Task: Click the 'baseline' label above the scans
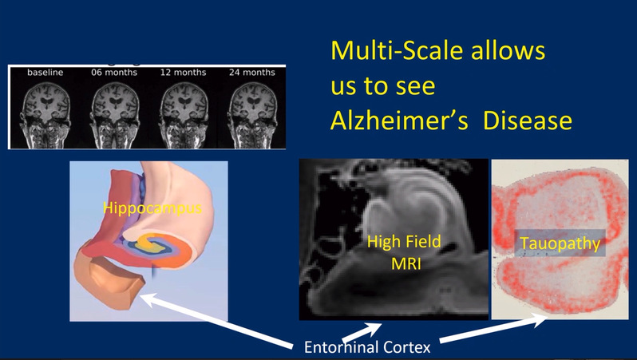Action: pos(45,73)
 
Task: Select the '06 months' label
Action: pos(114,73)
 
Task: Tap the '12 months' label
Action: pos(184,73)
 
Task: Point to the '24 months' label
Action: pos(252,73)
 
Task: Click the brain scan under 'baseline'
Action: pos(45,115)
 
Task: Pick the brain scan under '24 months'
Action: pos(253,115)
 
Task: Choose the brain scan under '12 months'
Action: pos(184,115)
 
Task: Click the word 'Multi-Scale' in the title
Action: pos(397,50)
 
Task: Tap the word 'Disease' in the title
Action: pos(528,121)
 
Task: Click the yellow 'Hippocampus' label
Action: pos(152,208)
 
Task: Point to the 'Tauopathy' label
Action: pos(560,243)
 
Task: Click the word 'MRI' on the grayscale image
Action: pos(406,263)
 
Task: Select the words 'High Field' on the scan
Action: pos(404,242)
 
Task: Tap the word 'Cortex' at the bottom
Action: pos(407,347)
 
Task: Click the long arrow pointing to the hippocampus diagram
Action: pos(216,321)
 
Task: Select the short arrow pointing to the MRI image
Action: pos(362,332)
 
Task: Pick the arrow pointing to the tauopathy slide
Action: pos(493,329)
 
